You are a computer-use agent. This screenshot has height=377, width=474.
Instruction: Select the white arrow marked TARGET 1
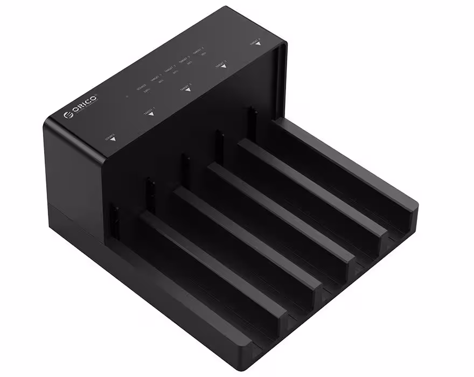(x=150, y=114)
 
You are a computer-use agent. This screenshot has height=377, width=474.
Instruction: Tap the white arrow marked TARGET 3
(x=222, y=66)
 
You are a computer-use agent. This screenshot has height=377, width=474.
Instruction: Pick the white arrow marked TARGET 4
(x=257, y=43)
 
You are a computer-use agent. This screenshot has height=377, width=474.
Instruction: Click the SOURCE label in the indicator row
(x=142, y=86)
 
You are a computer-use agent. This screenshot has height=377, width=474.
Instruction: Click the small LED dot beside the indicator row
(x=126, y=97)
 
